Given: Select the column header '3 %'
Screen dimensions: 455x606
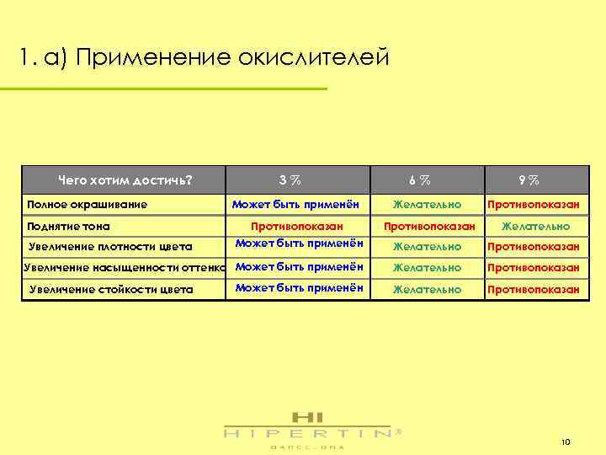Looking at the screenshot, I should (291, 179).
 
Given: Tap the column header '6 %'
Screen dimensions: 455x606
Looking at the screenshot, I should (420, 179).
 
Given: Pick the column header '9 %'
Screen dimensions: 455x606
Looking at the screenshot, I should (529, 179).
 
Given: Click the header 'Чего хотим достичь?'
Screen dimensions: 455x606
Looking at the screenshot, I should (125, 179).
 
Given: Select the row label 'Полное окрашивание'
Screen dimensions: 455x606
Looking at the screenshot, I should (88, 204).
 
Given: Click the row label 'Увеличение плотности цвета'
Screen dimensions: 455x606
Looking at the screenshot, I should (110, 247).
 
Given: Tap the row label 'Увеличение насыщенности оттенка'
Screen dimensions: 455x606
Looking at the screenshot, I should (125, 268).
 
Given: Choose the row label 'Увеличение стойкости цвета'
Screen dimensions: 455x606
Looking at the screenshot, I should (111, 289).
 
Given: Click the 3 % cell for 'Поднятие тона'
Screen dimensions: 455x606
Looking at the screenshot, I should (297, 226).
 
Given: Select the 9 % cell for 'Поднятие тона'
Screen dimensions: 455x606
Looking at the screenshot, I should (535, 226).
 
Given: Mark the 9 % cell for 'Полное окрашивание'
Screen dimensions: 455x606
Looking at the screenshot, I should (533, 204).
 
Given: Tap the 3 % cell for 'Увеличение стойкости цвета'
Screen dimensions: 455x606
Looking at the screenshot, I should (299, 287).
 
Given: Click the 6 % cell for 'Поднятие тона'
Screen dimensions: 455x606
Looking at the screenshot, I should (429, 226).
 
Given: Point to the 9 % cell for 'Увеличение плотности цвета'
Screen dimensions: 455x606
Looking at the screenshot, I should (533, 247).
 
